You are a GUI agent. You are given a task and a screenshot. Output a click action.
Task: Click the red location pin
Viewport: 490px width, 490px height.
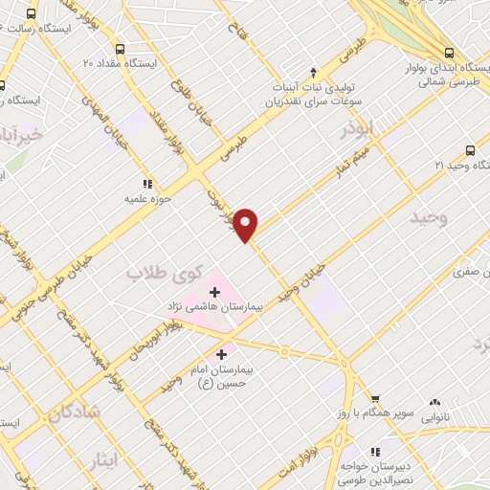247,224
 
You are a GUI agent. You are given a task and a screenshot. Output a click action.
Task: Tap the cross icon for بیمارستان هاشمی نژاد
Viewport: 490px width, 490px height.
215,290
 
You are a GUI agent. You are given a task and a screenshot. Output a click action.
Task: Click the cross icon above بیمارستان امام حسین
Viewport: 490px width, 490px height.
221,353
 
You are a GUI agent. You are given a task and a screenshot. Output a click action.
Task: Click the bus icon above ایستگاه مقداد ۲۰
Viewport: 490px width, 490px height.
119,50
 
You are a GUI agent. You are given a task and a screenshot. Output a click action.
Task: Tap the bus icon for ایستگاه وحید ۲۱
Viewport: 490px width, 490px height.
469,149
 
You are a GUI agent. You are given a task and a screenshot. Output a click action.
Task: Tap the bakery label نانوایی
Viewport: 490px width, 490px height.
435,418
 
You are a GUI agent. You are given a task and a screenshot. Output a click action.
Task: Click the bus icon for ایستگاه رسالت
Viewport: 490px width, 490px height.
32,15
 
